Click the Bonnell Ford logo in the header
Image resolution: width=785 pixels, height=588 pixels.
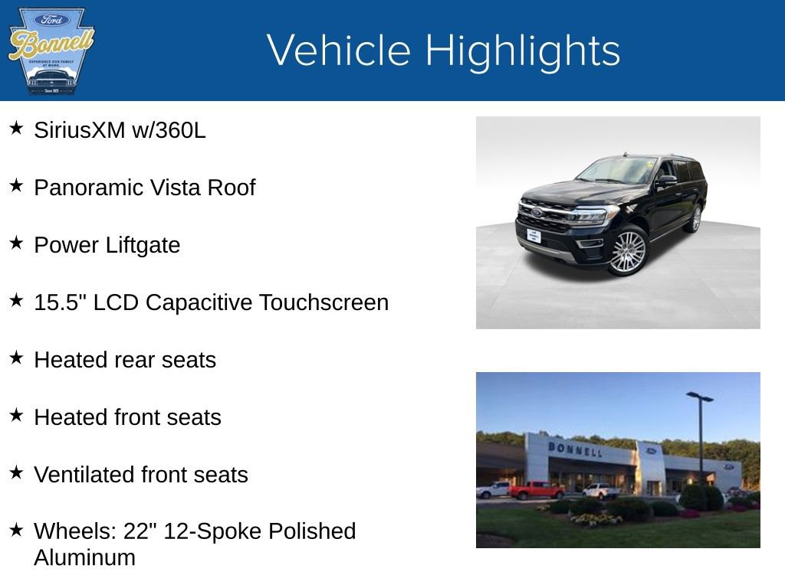click(x=51, y=51)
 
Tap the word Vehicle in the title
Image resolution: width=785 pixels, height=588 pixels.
click(x=339, y=51)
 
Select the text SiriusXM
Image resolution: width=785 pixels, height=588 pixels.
click(x=79, y=130)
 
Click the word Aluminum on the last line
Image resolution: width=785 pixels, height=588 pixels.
click(x=84, y=557)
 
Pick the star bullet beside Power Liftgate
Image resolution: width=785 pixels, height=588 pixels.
click(x=16, y=243)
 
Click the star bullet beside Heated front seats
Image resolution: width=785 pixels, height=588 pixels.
click(x=16, y=416)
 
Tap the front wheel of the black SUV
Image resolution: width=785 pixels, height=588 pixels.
click(x=628, y=252)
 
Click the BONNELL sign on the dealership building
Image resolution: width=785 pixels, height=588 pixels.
click(x=575, y=449)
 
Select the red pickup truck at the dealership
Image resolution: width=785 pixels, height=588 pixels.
click(x=536, y=490)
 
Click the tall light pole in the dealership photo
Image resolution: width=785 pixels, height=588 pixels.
click(x=700, y=436)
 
